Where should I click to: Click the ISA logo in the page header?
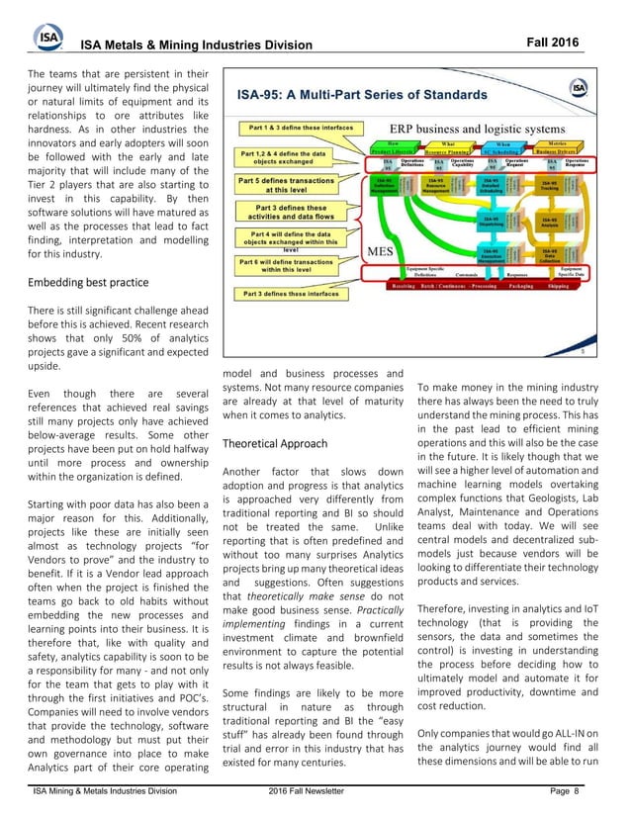point(47,38)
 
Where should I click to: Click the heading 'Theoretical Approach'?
point(274,444)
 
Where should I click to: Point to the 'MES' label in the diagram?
point(384,251)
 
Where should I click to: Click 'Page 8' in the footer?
point(565,791)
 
